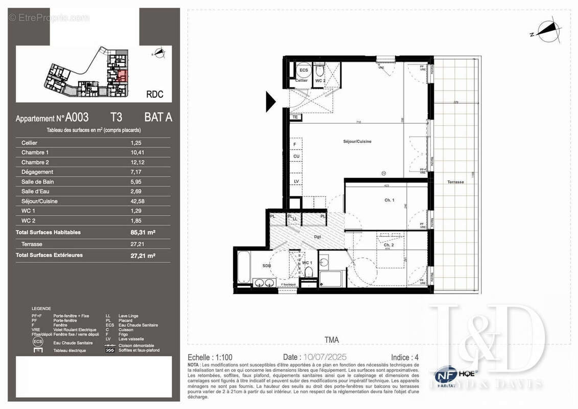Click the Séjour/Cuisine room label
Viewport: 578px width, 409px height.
coord(357,141)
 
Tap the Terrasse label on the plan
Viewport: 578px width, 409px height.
coord(455,182)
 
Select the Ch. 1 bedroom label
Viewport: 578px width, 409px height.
coord(389,200)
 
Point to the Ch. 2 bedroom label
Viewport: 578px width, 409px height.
coord(389,245)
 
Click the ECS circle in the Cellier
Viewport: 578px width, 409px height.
coord(304,71)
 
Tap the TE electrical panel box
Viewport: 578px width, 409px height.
coord(295,117)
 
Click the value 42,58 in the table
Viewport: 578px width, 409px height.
coord(137,201)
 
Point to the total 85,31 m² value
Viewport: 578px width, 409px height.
coord(143,232)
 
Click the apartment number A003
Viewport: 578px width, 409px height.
coord(77,117)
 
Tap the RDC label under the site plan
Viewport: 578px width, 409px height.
coord(155,94)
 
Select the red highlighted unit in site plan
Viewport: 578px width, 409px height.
coord(122,76)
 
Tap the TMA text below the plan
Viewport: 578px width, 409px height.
coord(331,339)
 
